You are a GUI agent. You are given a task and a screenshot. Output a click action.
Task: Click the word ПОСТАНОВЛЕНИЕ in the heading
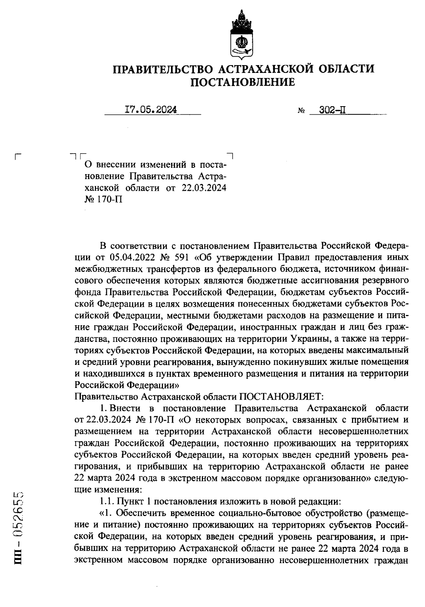[x=243, y=82]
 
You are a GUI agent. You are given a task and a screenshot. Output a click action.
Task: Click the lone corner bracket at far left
[x=18, y=156]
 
